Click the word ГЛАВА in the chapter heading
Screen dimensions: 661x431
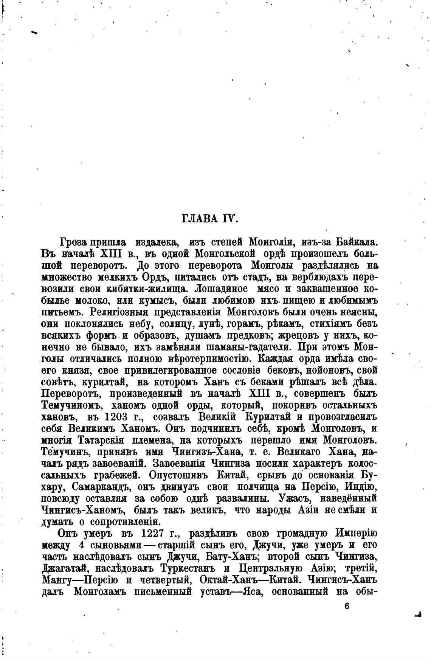[x=199, y=219]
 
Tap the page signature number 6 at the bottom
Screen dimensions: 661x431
[x=347, y=605]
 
